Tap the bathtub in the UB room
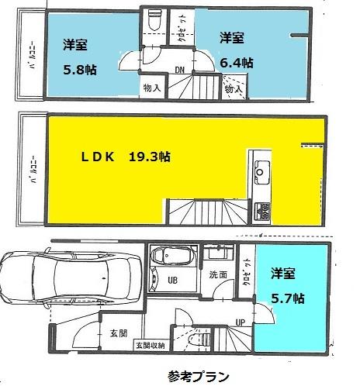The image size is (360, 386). pos(171,258)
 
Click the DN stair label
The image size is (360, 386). pos(179,71)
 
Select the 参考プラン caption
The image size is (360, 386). pos(198,377)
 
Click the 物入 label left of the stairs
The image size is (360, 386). pos(152,88)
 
